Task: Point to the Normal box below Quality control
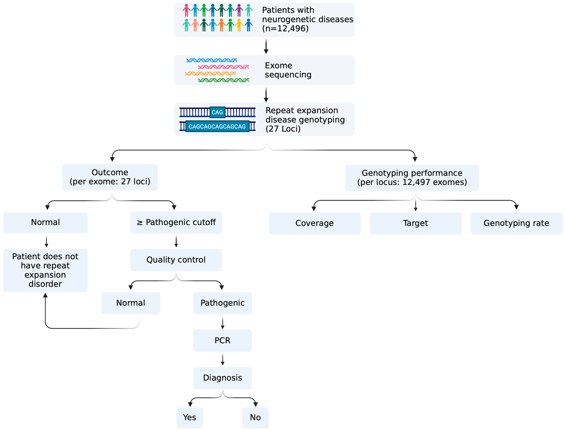click(x=131, y=303)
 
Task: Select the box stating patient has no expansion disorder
click(x=45, y=270)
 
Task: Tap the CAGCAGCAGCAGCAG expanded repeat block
click(x=217, y=126)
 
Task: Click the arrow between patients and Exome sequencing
click(x=266, y=46)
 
